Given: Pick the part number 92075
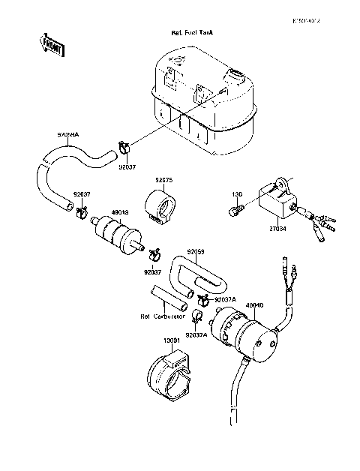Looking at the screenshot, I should pos(164,180).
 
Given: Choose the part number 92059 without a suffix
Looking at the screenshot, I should pos(196,251).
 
